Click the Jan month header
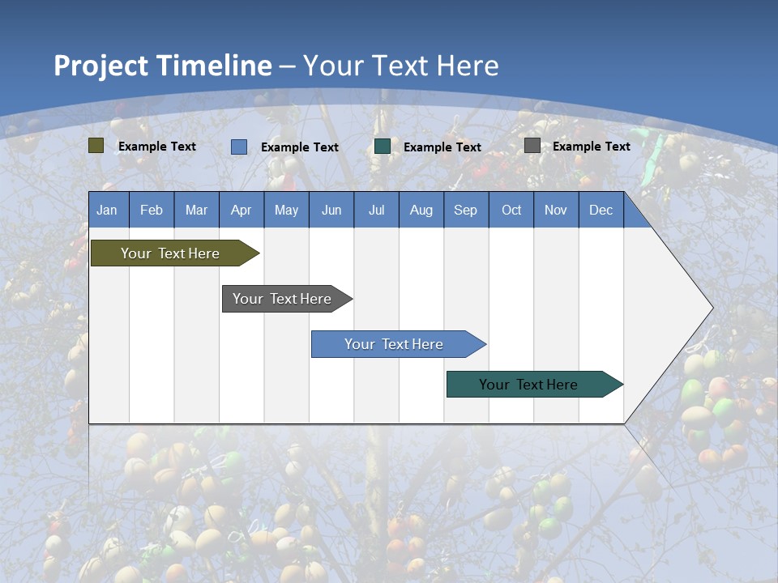(107, 210)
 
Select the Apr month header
(241, 210)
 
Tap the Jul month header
(376, 210)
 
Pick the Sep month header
(465, 210)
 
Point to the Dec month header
(601, 210)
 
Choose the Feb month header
(152, 210)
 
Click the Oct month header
(511, 210)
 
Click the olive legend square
(96, 146)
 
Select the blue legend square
(239, 147)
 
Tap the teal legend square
(383, 147)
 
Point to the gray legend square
(532, 146)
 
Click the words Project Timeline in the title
(163, 66)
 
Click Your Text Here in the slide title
(401, 66)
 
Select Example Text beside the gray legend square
(591, 147)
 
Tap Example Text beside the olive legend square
(157, 147)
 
